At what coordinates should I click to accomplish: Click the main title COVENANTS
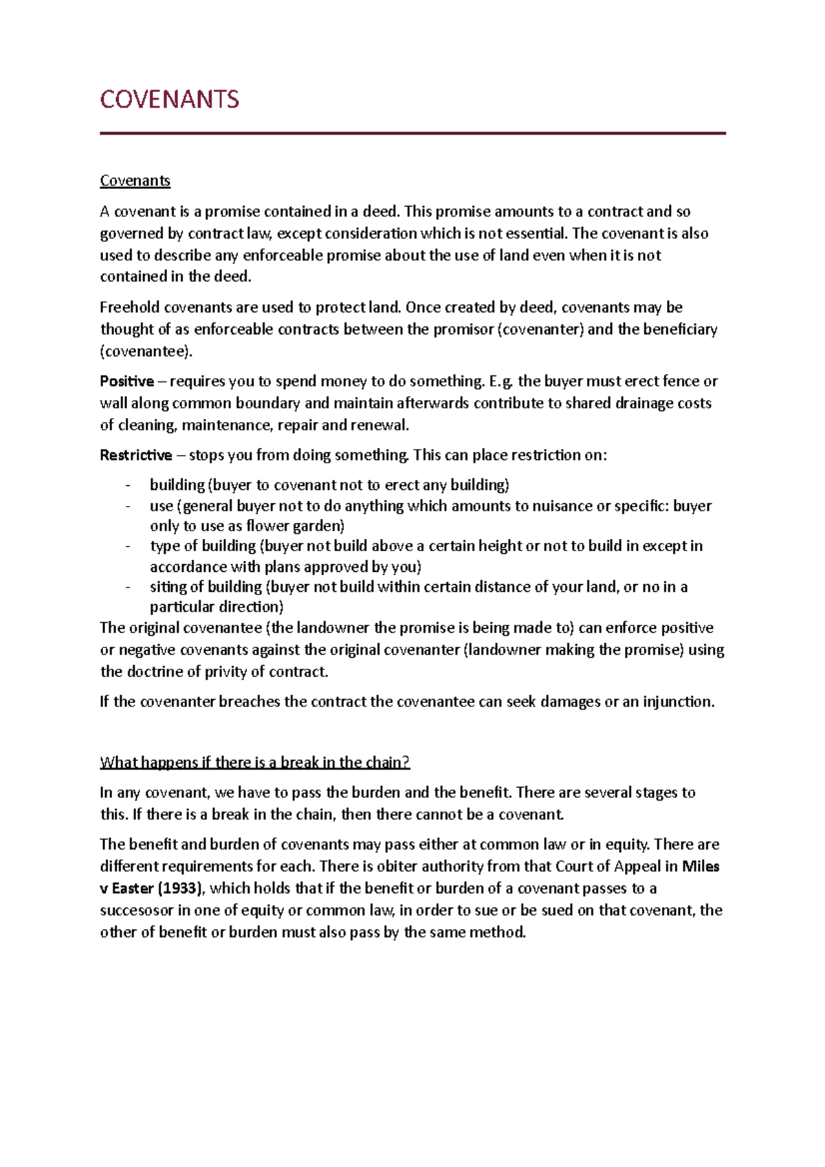tap(169, 100)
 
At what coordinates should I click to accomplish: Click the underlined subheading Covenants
tap(135, 181)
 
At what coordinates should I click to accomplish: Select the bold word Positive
tap(126, 381)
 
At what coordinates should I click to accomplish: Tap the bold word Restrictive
tap(135, 456)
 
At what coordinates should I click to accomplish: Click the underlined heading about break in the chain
tap(254, 762)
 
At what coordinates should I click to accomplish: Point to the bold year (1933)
tap(181, 889)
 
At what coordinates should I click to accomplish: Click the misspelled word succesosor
tap(136, 911)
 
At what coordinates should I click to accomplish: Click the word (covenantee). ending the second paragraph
tap(146, 351)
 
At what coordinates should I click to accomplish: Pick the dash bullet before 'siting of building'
tap(128, 588)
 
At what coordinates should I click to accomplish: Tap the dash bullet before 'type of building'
tap(128, 546)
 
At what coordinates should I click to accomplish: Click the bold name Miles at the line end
tap(700, 867)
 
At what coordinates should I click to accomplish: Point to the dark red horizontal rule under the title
tap(412, 133)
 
